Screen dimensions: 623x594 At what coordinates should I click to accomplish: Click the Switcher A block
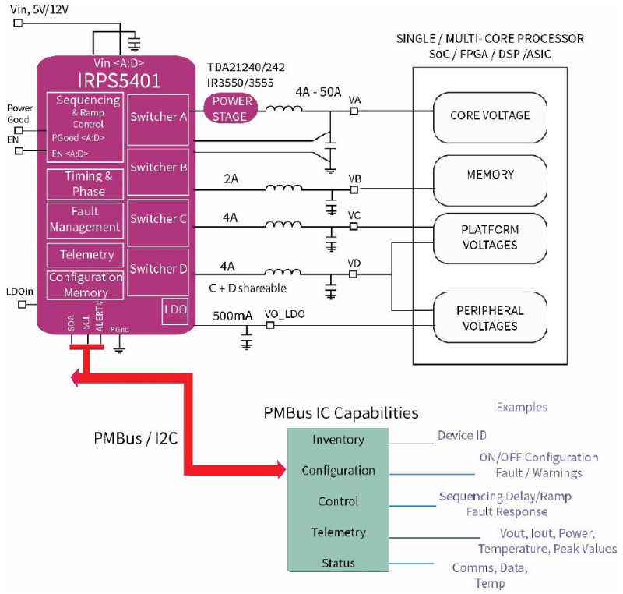(158, 120)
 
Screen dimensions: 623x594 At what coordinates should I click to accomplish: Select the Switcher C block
(158, 223)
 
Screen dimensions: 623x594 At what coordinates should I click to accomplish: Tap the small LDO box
(175, 311)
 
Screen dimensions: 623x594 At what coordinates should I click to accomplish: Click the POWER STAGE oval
(231, 108)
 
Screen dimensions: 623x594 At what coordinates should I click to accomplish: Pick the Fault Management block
(85, 221)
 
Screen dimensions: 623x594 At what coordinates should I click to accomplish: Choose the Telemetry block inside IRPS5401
(85, 255)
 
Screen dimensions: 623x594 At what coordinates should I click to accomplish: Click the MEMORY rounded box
(490, 180)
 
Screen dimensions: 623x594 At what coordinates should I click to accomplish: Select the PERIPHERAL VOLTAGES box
(490, 317)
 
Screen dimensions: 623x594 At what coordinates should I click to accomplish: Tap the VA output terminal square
(354, 111)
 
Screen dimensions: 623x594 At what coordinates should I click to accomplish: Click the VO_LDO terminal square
(270, 325)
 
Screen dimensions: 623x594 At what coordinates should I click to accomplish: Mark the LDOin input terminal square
(23, 304)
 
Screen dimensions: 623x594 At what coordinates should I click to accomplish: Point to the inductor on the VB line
(283, 187)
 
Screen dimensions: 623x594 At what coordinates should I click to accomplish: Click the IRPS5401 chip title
(119, 81)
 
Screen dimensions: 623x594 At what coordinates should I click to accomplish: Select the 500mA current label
(232, 316)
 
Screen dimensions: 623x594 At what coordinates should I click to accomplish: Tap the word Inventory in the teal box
(338, 440)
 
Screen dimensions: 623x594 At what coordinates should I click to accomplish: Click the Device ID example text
(462, 435)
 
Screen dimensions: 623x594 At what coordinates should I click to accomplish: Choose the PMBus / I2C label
(136, 438)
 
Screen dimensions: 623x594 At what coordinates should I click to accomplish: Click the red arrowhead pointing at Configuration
(281, 470)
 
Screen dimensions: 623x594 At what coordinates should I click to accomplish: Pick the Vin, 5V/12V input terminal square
(18, 23)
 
